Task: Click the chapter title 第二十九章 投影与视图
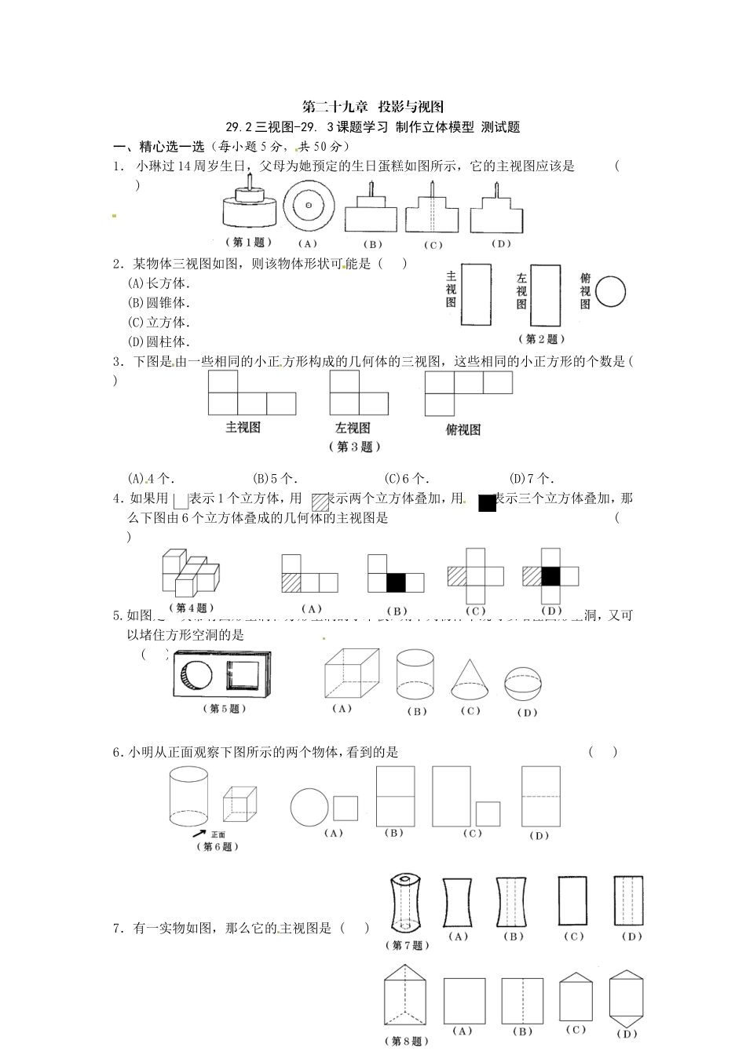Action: coord(373,108)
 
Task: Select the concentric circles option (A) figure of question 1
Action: coord(309,206)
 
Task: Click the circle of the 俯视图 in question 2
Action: coord(610,292)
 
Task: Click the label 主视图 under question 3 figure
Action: coord(243,428)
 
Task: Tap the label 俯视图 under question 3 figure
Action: coord(463,429)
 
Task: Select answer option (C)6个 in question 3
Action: coord(406,478)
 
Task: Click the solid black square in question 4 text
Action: coord(487,503)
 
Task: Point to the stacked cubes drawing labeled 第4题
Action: coord(188,574)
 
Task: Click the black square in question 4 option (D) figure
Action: coord(551,576)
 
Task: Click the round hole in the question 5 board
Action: coord(200,674)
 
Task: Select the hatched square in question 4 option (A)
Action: coord(291,582)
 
